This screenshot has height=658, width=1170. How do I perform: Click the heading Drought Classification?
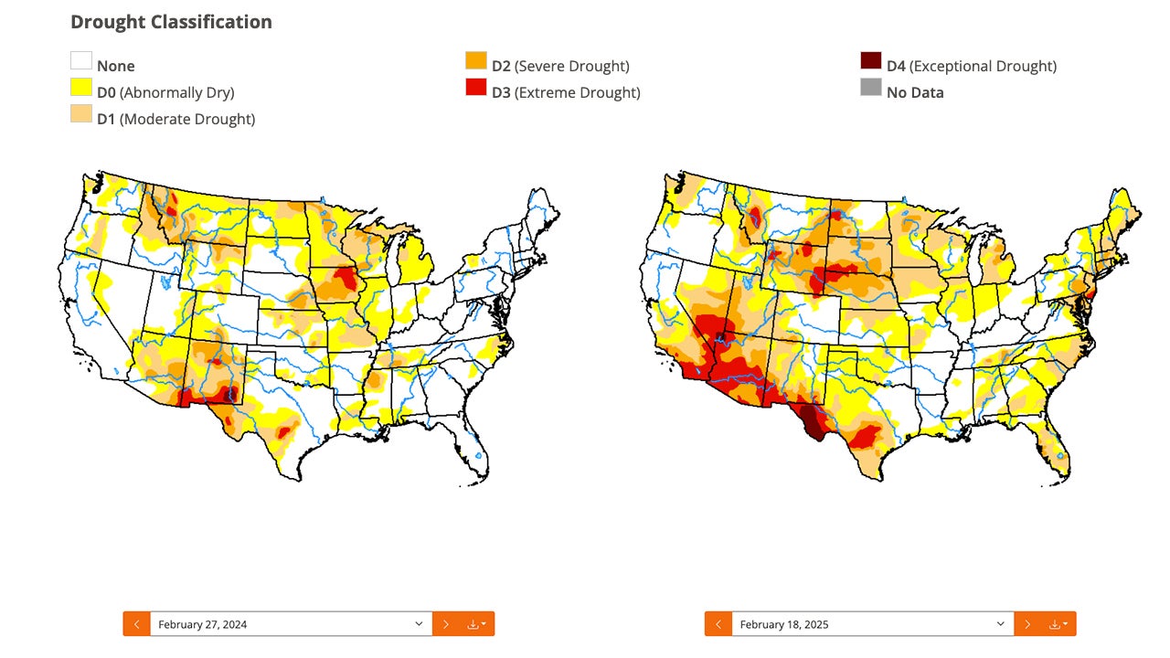click(171, 22)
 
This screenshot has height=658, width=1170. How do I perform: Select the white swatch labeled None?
click(81, 61)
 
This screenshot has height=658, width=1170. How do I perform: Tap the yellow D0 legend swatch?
click(81, 88)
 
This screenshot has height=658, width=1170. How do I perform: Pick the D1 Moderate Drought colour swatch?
click(81, 114)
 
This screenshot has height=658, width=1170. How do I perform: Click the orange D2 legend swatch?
click(476, 61)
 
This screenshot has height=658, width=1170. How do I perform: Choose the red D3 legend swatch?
click(476, 88)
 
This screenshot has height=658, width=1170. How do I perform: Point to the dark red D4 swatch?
click(871, 61)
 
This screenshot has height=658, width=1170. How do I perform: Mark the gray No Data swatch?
click(871, 88)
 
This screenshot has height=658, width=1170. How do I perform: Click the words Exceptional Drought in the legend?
click(983, 66)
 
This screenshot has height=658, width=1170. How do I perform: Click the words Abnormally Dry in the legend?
click(176, 92)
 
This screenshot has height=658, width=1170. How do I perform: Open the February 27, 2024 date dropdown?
click(291, 624)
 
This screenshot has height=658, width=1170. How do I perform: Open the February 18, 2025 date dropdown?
click(872, 624)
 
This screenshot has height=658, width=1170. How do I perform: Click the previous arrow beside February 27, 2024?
click(136, 624)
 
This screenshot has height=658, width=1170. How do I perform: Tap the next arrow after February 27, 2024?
click(445, 624)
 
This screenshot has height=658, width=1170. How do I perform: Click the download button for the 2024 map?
click(476, 624)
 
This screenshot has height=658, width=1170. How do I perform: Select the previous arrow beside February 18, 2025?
click(718, 624)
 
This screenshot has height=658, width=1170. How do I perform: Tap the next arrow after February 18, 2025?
click(1027, 624)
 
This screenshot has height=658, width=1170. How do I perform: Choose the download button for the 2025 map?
click(1058, 624)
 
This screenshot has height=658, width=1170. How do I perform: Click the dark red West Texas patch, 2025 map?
click(809, 421)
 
